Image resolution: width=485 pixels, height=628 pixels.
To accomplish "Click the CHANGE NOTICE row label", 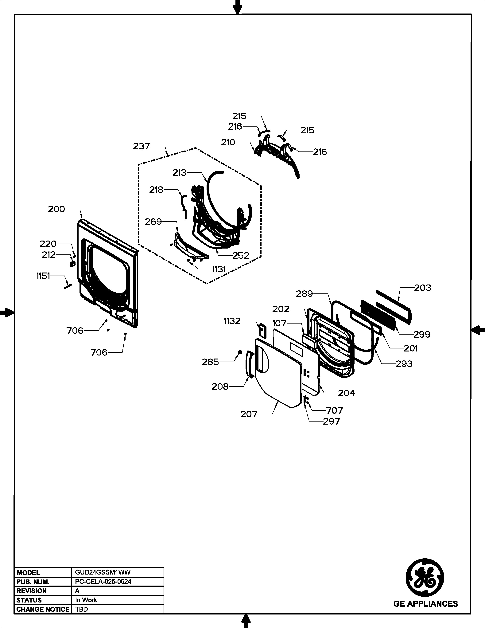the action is (43, 609).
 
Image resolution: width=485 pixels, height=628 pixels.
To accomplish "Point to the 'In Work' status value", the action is (86, 600).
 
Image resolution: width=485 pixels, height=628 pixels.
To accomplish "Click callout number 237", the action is (141, 146).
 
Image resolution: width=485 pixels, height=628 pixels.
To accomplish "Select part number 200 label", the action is (56, 209).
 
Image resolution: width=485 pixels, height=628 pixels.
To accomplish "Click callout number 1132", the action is (232, 321).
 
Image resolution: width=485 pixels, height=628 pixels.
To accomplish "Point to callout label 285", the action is (210, 362).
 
